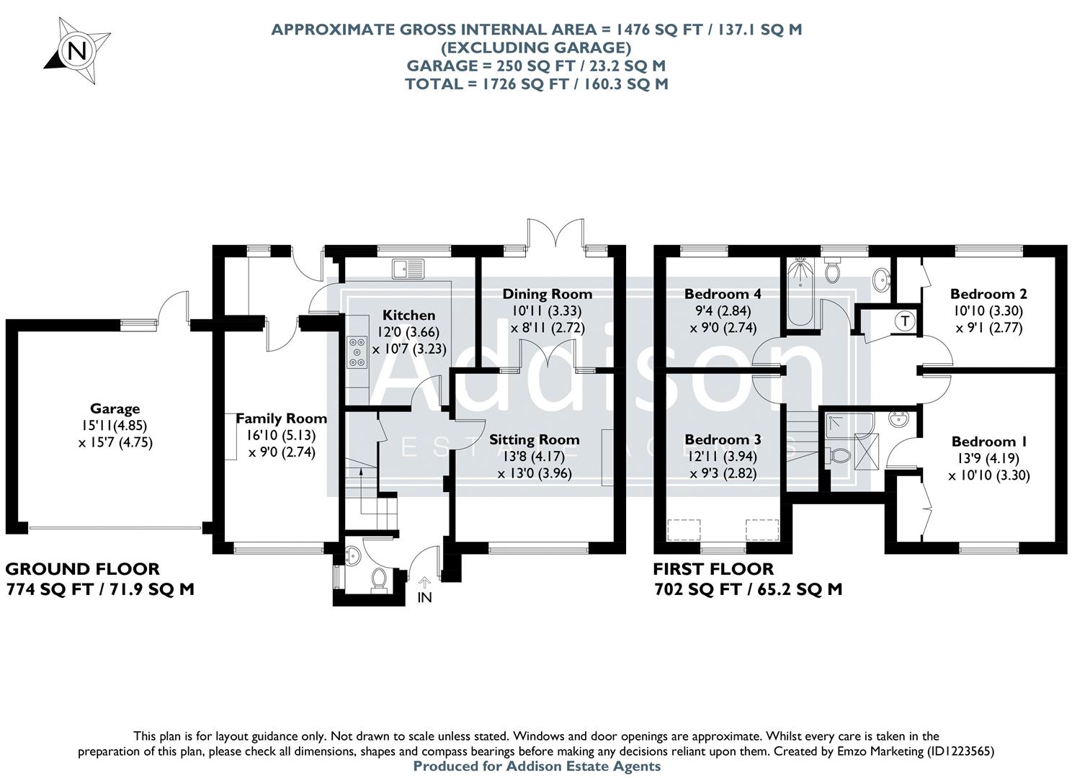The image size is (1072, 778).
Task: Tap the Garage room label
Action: (115, 409)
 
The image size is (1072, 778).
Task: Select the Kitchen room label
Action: (408, 315)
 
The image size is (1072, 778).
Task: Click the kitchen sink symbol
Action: (408, 269)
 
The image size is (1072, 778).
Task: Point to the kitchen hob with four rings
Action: (356, 352)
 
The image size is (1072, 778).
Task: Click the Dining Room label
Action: (547, 294)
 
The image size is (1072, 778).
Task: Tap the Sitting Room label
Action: (534, 439)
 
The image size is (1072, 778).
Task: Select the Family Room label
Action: (281, 419)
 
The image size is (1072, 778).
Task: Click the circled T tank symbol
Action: (905, 320)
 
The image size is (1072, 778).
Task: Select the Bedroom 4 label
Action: (722, 294)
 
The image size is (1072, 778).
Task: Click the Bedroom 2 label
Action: (988, 294)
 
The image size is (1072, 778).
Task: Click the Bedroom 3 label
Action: (722, 439)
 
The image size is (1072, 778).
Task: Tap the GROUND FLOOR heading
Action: (83, 569)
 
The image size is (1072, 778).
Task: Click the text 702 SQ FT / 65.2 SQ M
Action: (748, 589)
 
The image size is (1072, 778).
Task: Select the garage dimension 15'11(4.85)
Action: (115, 426)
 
